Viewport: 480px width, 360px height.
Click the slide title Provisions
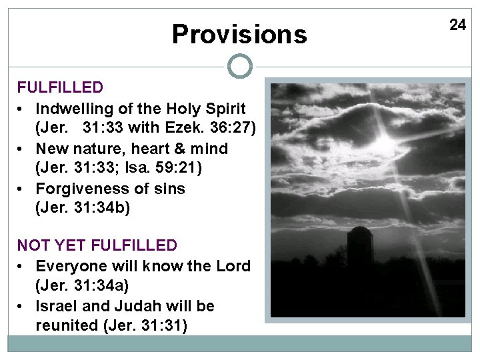tap(239, 34)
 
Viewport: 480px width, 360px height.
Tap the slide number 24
tap(457, 25)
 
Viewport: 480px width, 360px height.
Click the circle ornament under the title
tap(240, 66)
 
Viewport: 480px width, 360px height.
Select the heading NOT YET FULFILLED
tap(97, 245)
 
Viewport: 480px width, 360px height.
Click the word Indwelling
tap(74, 108)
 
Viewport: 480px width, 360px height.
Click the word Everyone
tap(67, 265)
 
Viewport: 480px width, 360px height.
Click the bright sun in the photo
tap(385, 141)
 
